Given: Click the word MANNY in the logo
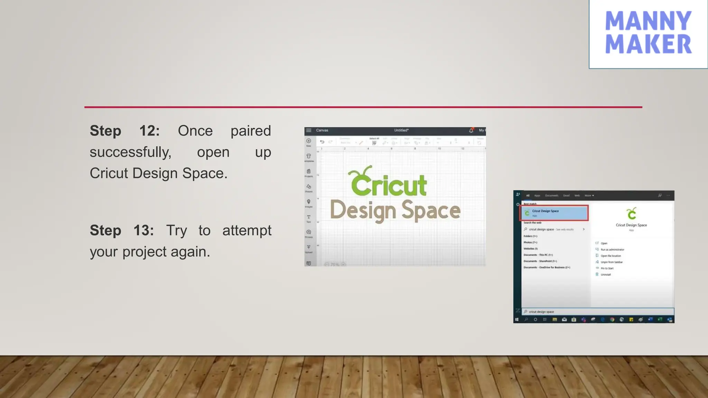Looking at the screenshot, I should click(648, 21).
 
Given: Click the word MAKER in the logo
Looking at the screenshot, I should click(648, 44).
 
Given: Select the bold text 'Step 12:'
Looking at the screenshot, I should click(125, 131).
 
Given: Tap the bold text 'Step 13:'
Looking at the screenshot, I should click(122, 230).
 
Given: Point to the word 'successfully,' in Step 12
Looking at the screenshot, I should click(130, 152).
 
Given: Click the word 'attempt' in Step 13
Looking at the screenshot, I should click(247, 230).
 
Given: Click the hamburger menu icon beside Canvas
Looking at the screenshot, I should click(309, 130).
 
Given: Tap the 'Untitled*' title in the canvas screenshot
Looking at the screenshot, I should click(401, 130).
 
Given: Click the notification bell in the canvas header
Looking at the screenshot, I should click(471, 130).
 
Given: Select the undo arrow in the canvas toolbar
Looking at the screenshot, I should click(322, 142).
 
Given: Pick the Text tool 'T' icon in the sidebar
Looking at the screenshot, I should click(309, 217).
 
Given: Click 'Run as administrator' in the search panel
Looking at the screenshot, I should click(612, 249).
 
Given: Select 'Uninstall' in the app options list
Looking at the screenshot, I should click(606, 275).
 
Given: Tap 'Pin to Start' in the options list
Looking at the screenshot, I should click(607, 268).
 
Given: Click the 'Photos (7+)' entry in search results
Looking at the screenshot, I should click(530, 243).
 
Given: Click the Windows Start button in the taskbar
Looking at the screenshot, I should click(517, 320).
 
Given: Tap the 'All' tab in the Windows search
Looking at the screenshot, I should click(528, 196).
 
